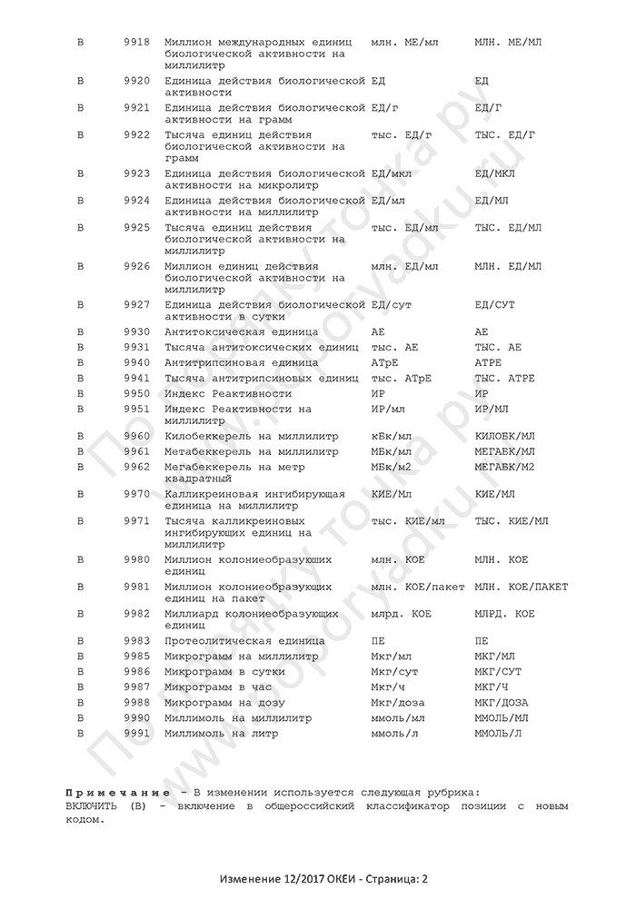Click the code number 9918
tap(136, 43)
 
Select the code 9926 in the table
tap(136, 266)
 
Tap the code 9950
tap(136, 393)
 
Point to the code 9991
tap(136, 732)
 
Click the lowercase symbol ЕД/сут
tap(392, 304)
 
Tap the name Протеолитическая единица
tap(244, 642)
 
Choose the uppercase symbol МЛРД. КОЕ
tap(504, 615)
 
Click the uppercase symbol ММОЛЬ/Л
tap(499, 732)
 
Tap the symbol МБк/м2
tap(393, 467)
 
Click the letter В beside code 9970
tap(80, 494)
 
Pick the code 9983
tap(136, 642)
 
